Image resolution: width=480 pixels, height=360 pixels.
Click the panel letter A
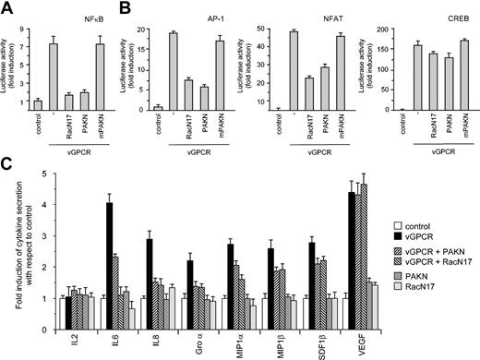click(x=6, y=7)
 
